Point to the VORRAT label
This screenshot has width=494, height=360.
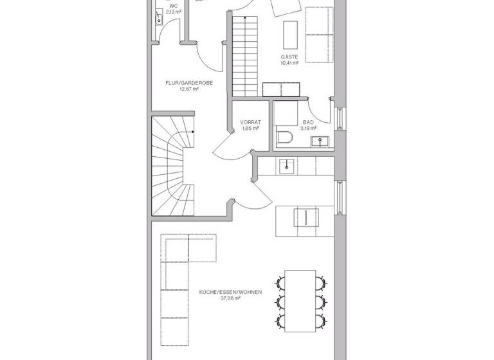[250, 122]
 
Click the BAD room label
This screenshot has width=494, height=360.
[309, 122]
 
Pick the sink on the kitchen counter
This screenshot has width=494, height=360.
[287, 166]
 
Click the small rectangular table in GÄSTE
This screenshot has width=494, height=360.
[290, 35]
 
